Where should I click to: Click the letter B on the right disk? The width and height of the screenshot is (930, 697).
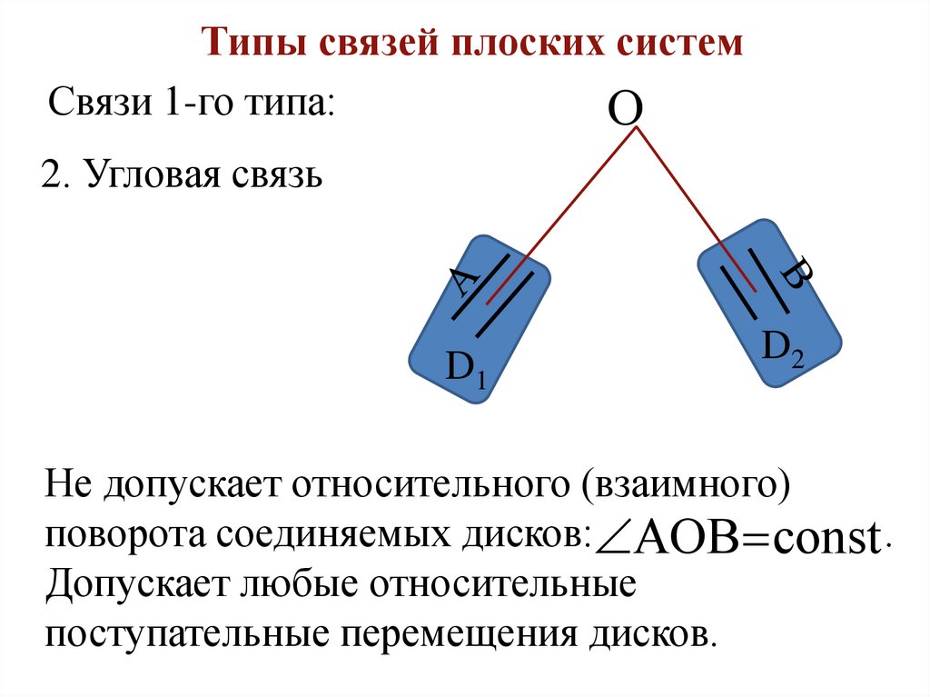[x=796, y=274]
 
